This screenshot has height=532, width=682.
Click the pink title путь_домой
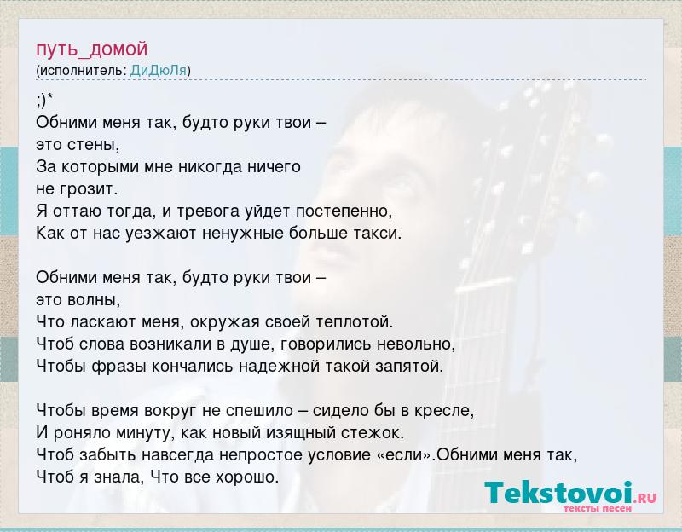92,49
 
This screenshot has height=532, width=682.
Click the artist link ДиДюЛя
159,71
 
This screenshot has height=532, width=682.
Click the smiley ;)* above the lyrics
44,101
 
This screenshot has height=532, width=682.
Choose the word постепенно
344,211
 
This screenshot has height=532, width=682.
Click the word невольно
416,344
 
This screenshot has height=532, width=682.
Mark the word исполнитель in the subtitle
82,71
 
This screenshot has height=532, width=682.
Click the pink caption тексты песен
598,508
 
